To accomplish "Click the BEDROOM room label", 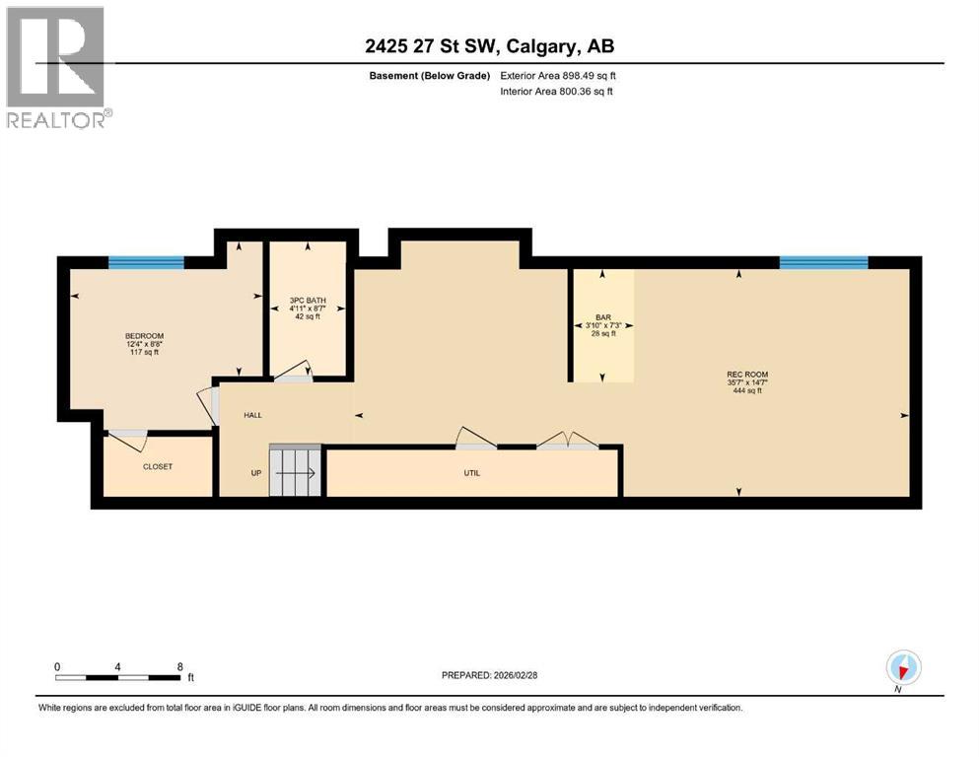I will tap(137, 336).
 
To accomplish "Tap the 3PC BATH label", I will tap(308, 300).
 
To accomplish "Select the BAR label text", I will tap(602, 314).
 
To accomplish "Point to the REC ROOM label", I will tap(746, 374).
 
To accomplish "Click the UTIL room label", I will tap(472, 473).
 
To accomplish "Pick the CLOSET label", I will tap(158, 466).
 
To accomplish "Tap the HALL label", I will tap(253, 415).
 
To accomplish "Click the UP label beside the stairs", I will tap(255, 473).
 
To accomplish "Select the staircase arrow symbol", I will tap(296, 473).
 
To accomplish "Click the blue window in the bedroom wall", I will tap(146, 262).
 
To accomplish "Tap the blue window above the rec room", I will tap(823, 262).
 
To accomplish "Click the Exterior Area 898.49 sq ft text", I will tap(557, 76).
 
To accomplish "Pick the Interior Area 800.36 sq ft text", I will tap(557, 92).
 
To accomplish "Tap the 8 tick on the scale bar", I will tap(179, 666).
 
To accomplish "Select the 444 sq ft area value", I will tap(746, 391).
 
